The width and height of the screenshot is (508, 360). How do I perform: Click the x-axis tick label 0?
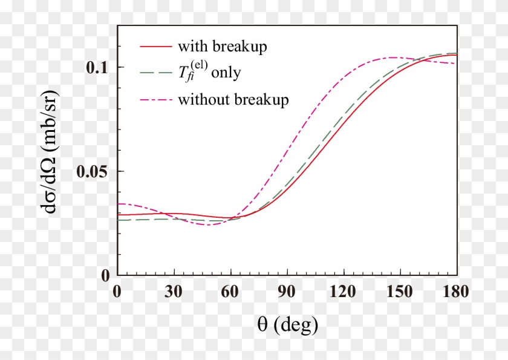pyautogui.click(x=117, y=292)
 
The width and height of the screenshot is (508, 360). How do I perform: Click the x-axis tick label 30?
pyautogui.click(x=174, y=292)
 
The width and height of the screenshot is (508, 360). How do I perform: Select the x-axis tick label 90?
pyautogui.click(x=287, y=292)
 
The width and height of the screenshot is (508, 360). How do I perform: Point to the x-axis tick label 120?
pyautogui.click(x=344, y=292)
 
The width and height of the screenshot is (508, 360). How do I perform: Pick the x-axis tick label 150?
pyautogui.click(x=400, y=292)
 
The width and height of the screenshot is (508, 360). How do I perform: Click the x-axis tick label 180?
pyautogui.click(x=455, y=292)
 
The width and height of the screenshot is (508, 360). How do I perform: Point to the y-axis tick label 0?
pyautogui.click(x=106, y=275)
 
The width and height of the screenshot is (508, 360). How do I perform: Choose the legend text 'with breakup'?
pyautogui.click(x=222, y=47)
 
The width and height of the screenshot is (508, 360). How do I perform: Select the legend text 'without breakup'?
pyautogui.click(x=233, y=99)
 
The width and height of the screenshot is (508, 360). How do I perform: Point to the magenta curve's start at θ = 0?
pyautogui.click(x=119, y=204)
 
